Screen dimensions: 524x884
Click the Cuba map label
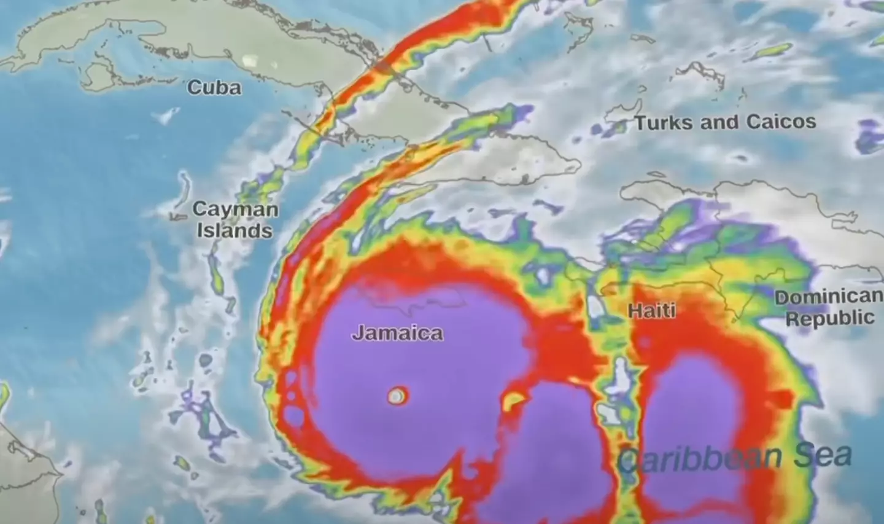(214, 88)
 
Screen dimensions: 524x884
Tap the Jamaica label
(397, 333)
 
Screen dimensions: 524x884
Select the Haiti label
(651, 311)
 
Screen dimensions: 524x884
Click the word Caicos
(781, 122)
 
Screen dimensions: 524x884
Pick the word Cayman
(235, 209)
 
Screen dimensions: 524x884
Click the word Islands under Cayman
(234, 231)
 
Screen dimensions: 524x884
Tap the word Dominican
(828, 297)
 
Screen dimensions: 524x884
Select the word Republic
(830, 319)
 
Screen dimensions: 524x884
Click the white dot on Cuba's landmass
(250, 60)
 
